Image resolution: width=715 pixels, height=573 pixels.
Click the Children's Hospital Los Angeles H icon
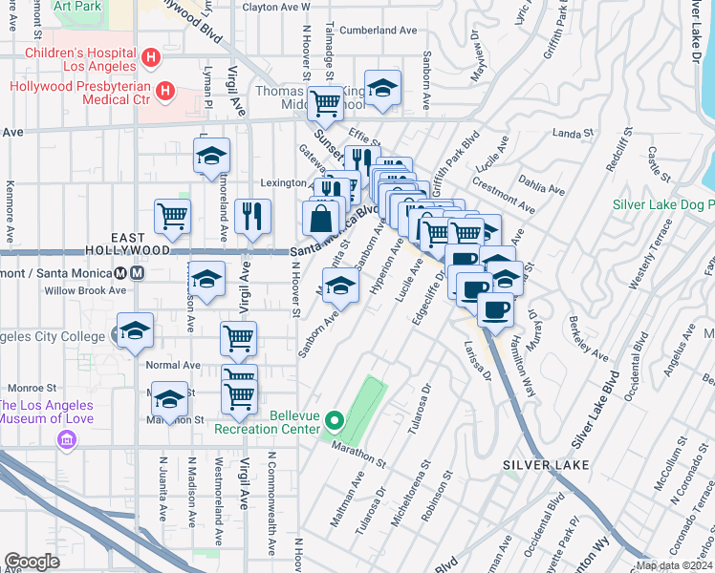point(149,59)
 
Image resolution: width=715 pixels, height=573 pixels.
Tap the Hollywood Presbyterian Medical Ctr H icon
point(165,92)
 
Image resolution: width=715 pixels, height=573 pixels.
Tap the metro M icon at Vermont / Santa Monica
point(138,271)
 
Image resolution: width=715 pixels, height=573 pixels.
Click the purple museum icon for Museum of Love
point(66,439)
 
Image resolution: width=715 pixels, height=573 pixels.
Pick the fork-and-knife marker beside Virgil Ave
point(252,215)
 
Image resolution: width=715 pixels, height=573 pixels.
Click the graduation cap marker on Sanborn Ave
point(340,285)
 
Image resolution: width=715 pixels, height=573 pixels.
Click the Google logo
point(32,562)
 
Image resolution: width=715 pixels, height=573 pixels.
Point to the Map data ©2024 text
point(674,565)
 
